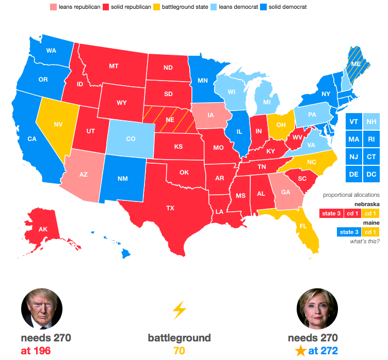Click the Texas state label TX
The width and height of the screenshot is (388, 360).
click(170, 208)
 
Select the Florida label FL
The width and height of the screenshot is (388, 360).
click(303, 226)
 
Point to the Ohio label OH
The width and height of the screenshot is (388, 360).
click(281, 124)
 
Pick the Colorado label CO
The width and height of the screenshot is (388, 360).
click(131, 138)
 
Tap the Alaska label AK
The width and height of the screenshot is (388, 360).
click(43, 229)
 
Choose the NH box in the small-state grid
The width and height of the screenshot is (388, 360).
click(371, 122)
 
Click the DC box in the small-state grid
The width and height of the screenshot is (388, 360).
click(371, 174)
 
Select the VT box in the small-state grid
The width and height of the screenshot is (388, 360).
click(353, 122)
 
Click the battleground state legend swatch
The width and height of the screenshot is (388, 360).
click(157, 7)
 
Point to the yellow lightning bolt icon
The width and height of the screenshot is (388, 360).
click(179, 310)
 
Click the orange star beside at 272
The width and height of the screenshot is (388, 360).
click(301, 352)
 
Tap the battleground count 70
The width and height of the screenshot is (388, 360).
click(179, 351)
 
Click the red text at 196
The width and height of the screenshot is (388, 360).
click(36, 351)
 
